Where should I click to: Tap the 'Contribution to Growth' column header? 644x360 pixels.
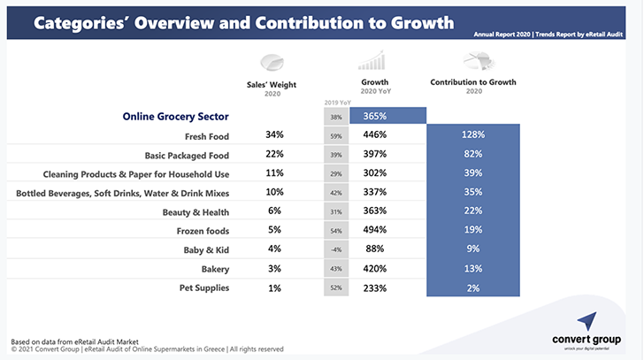point(472,82)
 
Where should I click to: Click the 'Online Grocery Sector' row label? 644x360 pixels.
point(175,116)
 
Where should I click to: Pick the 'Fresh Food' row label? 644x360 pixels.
point(207,136)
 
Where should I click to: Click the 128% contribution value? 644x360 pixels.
point(472,135)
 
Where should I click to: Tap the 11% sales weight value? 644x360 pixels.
point(274,173)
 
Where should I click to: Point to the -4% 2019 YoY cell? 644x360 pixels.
point(336,250)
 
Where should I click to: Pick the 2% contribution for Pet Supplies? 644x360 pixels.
point(472,288)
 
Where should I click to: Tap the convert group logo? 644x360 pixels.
point(588,331)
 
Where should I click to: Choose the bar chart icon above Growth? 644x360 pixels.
point(373,59)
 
